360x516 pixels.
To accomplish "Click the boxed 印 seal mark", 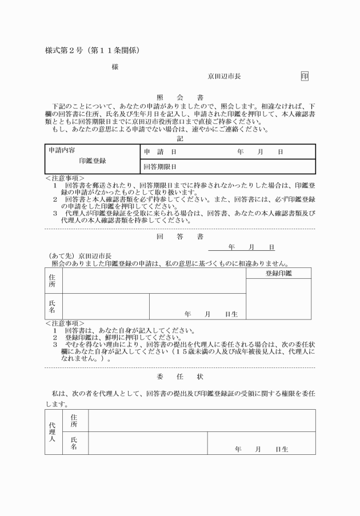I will (305, 76).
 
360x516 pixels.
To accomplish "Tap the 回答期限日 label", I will (160, 167).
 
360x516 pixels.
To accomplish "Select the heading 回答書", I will (179, 235).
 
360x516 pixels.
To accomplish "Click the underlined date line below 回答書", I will (242, 247).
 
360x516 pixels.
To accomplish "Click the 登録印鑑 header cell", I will (278, 273).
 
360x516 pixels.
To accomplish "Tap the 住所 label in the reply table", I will (53, 280).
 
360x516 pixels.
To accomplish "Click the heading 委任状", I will (179, 377).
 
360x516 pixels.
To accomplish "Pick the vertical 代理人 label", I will (53, 431).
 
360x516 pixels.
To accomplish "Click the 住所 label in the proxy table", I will (74, 421).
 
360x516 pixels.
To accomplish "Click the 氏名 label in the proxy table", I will (74, 443).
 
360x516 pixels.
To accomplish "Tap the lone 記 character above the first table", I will (180, 138).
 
